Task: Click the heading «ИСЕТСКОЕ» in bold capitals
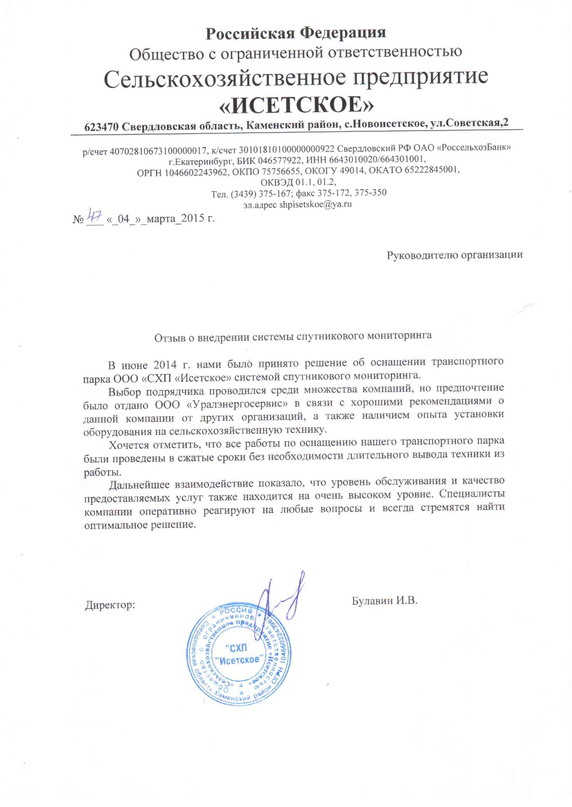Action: pyautogui.click(x=297, y=105)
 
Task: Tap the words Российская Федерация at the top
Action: pyautogui.click(x=296, y=33)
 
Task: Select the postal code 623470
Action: pyautogui.click(x=101, y=127)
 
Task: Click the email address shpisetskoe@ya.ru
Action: pyautogui.click(x=315, y=205)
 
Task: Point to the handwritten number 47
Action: pyautogui.click(x=95, y=216)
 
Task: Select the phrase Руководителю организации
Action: pyautogui.click(x=454, y=255)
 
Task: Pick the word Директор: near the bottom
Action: pyautogui.click(x=110, y=605)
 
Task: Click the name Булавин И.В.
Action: pyautogui.click(x=384, y=601)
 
